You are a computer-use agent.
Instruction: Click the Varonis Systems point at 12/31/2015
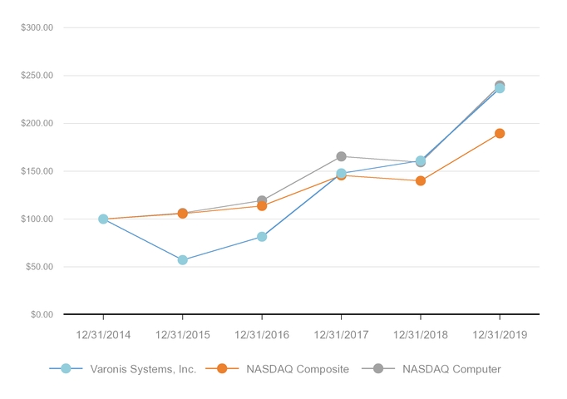183,260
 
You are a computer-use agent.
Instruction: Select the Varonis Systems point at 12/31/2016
262,237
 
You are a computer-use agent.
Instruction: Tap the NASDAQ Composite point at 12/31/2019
500,133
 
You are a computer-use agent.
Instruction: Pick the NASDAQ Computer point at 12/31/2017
341,156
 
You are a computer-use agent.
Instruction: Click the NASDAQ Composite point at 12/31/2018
421,180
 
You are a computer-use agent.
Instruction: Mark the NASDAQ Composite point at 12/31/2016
262,205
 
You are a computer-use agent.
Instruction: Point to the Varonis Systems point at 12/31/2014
103,219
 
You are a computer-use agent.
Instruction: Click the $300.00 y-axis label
37,27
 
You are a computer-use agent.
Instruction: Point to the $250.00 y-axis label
37,76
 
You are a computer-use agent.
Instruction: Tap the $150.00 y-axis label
37,171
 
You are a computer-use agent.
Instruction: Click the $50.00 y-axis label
38,267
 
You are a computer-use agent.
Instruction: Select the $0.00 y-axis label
40,315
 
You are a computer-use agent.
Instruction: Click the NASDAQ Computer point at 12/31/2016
262,200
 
